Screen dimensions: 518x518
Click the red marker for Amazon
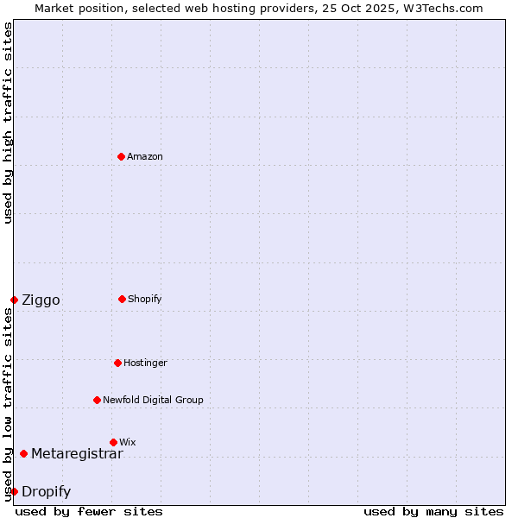(x=121, y=156)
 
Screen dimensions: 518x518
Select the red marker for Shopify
(x=122, y=299)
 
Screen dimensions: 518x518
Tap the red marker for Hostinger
(x=117, y=363)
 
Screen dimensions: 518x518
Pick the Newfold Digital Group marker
(x=97, y=400)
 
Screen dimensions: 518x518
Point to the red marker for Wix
(x=113, y=442)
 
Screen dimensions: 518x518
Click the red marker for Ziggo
(x=14, y=300)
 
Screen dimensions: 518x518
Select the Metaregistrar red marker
(x=23, y=453)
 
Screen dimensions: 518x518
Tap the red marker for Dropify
(x=14, y=491)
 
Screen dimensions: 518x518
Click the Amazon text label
(x=145, y=156)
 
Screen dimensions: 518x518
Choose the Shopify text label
(x=145, y=299)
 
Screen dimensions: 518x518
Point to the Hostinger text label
(x=145, y=363)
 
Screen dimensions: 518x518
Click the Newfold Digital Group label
(x=153, y=400)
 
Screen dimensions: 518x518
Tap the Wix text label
(x=128, y=442)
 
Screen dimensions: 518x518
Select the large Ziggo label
(x=41, y=300)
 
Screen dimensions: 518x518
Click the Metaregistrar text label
(x=77, y=453)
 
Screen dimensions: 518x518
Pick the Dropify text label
(x=46, y=491)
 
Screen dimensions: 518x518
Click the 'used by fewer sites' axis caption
(x=89, y=511)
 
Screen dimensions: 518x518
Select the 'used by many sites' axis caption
(x=433, y=511)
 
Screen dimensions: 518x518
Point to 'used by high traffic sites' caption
(x=8, y=123)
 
